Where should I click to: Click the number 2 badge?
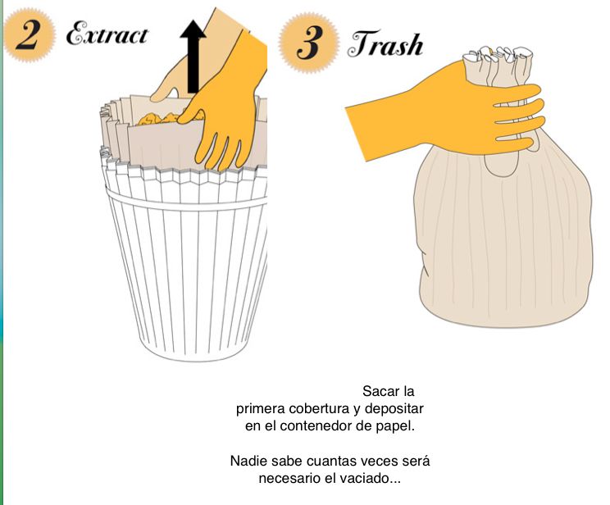[30, 35]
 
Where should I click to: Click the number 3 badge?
[309, 43]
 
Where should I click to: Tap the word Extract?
[107, 34]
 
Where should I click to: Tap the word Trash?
[385, 44]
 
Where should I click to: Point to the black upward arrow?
[193, 57]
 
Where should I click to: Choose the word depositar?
[394, 409]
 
